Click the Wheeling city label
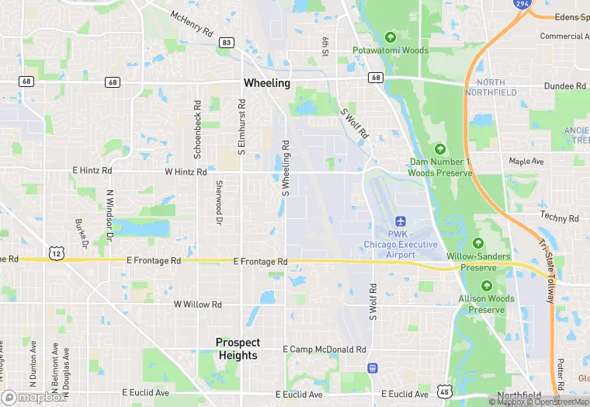tap(266, 83)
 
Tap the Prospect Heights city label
tap(238, 349)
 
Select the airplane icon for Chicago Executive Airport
tap(401, 222)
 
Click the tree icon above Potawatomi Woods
tap(390, 37)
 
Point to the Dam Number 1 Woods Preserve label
tap(439, 167)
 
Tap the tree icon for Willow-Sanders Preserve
tap(478, 243)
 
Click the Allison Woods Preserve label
tap(486, 304)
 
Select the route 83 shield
tap(226, 43)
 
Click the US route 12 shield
tap(56, 254)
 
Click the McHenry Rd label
tap(191, 23)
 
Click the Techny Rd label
tap(560, 219)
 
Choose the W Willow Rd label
tap(197, 304)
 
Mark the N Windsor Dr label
tap(109, 214)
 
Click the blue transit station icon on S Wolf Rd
tap(373, 367)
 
